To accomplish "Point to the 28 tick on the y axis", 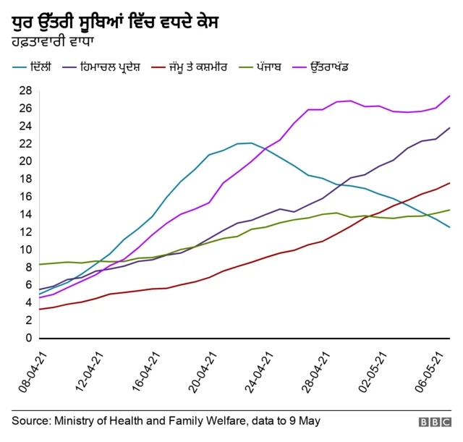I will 25,90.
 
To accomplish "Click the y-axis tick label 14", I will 25,214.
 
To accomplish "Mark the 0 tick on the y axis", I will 27,338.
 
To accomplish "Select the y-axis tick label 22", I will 25,143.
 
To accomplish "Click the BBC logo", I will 433,422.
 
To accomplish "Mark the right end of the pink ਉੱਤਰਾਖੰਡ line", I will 450,96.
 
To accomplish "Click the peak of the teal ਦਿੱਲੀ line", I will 251,143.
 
